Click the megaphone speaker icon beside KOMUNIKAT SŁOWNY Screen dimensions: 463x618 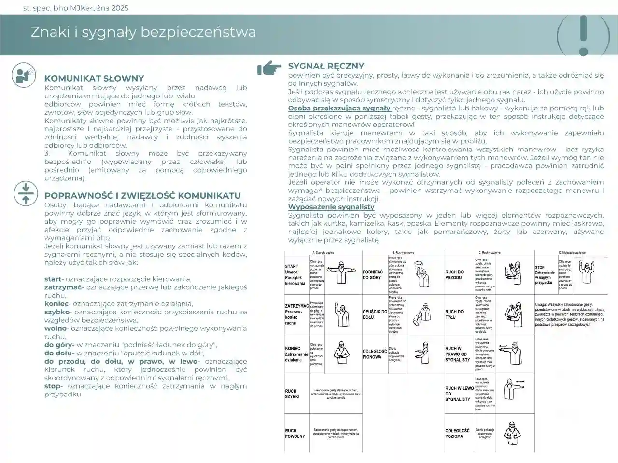(x=24, y=74)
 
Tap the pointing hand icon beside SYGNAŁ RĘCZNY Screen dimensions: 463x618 (x=269, y=69)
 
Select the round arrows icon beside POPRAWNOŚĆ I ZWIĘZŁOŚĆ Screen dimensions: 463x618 (x=26, y=193)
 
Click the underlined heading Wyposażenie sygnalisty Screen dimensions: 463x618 (x=331, y=207)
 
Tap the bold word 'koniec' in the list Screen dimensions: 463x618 (x=56, y=304)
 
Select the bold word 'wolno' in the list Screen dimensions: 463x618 (x=56, y=328)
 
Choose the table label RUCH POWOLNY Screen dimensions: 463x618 (x=295, y=433)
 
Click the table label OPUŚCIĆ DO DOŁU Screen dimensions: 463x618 (x=375, y=314)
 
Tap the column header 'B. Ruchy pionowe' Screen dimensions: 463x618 (x=403, y=253)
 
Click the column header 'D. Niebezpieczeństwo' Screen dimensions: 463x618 (x=572, y=253)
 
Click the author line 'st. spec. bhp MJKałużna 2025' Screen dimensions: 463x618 (x=76, y=8)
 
